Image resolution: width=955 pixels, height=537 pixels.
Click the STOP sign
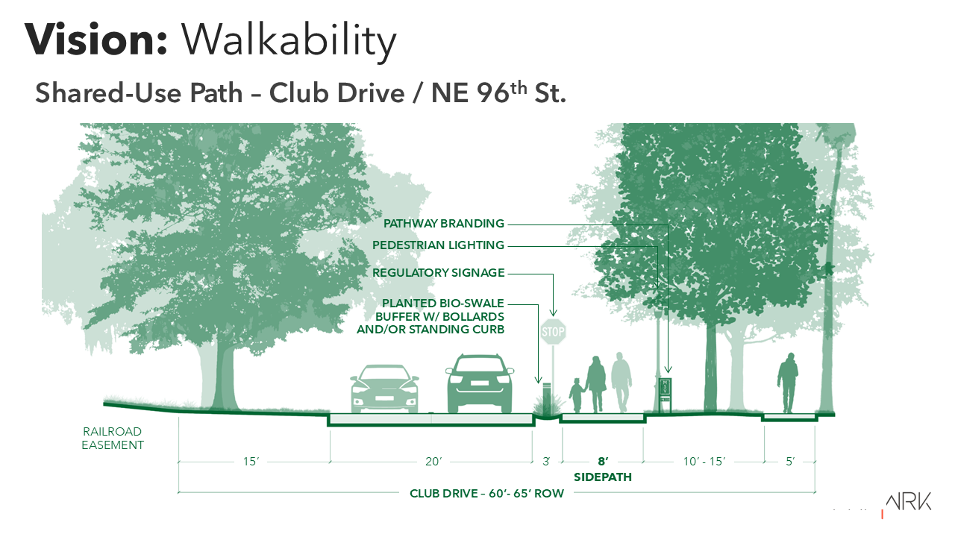(553, 332)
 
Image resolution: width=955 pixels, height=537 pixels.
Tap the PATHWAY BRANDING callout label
(443, 223)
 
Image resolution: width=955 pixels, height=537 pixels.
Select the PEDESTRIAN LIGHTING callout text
(438, 245)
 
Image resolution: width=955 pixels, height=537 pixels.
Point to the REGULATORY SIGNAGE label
(438, 273)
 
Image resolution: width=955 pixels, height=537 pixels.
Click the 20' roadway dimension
(433, 462)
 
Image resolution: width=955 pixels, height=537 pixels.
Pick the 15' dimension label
(251, 462)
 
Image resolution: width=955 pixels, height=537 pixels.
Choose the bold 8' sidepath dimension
(603, 462)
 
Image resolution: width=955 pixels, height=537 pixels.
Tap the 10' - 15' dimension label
(704, 462)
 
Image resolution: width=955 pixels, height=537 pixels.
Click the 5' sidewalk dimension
(790, 462)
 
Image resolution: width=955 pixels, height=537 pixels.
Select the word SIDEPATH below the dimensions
(602, 477)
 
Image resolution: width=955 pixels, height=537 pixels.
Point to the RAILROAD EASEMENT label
(113, 438)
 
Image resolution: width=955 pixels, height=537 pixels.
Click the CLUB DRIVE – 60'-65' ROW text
(486, 494)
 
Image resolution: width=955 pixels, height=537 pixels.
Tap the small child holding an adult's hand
(577, 395)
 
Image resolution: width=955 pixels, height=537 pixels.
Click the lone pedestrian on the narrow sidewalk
(787, 383)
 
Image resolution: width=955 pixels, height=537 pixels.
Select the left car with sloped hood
(384, 389)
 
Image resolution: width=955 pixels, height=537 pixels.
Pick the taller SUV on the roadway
(480, 383)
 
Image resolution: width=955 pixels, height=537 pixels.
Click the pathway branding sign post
(666, 395)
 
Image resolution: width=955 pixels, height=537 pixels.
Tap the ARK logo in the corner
(908, 502)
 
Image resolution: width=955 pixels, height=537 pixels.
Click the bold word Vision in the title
(96, 40)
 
